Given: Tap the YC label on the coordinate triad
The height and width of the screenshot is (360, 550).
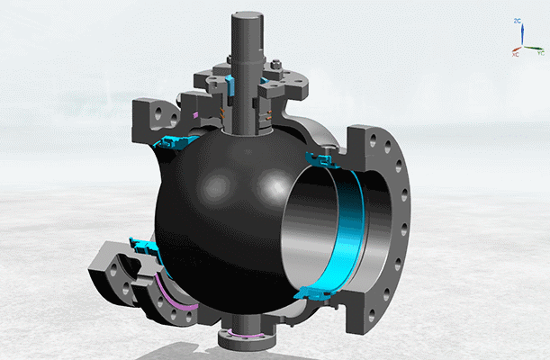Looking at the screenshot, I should click(x=540, y=54).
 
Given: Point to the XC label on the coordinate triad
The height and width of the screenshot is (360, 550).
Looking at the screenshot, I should click(x=516, y=55).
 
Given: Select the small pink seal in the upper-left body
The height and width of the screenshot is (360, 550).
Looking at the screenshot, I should click(x=196, y=114).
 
